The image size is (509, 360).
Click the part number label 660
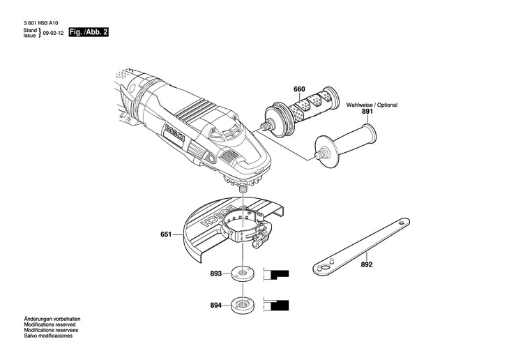(280, 89)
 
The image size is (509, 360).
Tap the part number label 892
(367, 264)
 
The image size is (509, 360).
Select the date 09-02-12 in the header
(53, 33)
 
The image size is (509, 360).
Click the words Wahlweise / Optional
(372, 105)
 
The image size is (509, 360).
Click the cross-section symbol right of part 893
(278, 274)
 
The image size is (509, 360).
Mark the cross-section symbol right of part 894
(278, 305)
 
